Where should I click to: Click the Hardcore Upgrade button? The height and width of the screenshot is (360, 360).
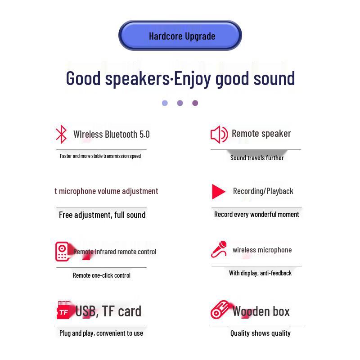[180, 36]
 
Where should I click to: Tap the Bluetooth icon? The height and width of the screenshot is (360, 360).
[61, 134]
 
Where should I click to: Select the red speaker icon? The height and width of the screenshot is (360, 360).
[219, 134]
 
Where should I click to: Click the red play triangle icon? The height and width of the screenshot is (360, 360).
[218, 192]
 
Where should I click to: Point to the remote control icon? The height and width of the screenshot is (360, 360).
[62, 252]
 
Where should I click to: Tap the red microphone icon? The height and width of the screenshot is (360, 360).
[219, 249]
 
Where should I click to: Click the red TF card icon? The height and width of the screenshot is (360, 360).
[63, 311]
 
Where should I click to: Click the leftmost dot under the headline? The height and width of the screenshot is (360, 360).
[165, 103]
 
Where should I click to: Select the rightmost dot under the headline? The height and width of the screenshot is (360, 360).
[195, 103]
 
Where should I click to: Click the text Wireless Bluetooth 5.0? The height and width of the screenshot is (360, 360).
[111, 134]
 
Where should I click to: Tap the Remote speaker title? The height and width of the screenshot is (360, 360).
[261, 133]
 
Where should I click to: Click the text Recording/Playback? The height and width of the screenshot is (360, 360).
[263, 191]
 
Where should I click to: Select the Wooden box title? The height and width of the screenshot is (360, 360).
[261, 311]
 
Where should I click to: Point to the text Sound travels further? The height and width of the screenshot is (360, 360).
[257, 157]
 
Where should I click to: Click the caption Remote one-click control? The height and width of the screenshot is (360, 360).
[102, 275]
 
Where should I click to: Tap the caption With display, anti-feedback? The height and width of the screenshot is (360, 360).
[260, 273]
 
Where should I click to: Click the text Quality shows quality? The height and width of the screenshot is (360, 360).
[261, 333]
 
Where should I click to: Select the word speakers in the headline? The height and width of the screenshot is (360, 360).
[136, 78]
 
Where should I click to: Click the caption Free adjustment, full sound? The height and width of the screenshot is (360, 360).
[102, 215]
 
